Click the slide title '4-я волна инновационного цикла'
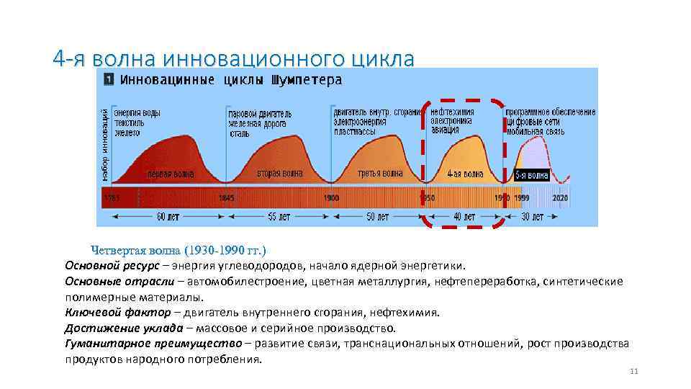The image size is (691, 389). [x=234, y=58]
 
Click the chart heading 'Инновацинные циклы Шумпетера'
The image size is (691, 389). [x=230, y=80]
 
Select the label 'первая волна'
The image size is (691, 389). [x=171, y=174]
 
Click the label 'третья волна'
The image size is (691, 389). [x=380, y=173]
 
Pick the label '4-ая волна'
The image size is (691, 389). [x=464, y=174]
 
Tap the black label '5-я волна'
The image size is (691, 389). [x=532, y=175]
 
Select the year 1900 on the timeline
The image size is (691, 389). [x=331, y=197]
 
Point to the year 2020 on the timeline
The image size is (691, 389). [x=560, y=197]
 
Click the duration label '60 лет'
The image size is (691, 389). [x=168, y=216]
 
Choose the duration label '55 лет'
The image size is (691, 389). [x=279, y=216]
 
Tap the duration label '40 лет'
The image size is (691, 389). [x=464, y=216]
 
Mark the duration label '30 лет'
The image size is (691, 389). [x=533, y=216]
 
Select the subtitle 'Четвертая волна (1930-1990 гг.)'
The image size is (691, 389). [x=179, y=250]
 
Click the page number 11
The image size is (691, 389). [x=633, y=371]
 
